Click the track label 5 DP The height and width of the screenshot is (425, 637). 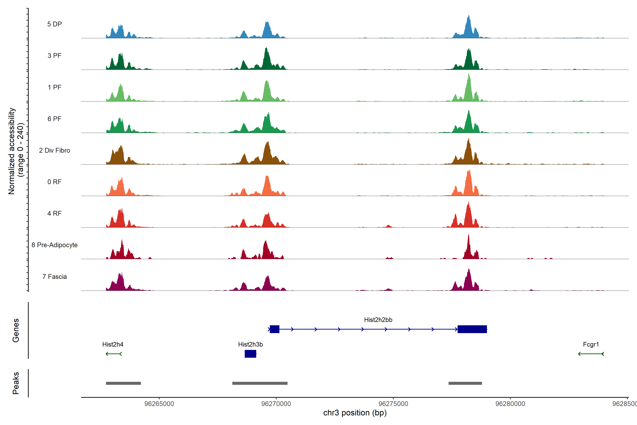coord(54,24)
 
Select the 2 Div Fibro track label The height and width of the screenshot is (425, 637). coord(54,150)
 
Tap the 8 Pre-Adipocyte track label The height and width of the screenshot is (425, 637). coord(54,245)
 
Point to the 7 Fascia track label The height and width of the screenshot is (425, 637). coord(54,277)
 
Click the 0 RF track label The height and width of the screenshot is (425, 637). coord(54,182)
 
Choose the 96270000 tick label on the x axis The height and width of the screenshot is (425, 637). coord(276,404)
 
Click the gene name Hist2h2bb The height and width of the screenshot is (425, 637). coord(378,320)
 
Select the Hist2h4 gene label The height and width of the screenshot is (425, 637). coord(113,344)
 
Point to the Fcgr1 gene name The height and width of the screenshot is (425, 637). coord(591,344)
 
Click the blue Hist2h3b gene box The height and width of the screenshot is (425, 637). coord(250,354)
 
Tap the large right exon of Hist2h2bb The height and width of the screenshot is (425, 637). coord(472,329)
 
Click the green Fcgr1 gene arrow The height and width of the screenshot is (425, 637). coord(591,354)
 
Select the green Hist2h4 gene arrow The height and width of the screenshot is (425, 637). coord(114,354)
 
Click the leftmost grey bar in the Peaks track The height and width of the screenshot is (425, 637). coord(123,383)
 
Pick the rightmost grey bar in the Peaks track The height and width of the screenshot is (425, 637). coord(465,383)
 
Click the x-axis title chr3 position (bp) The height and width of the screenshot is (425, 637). coord(355,413)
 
